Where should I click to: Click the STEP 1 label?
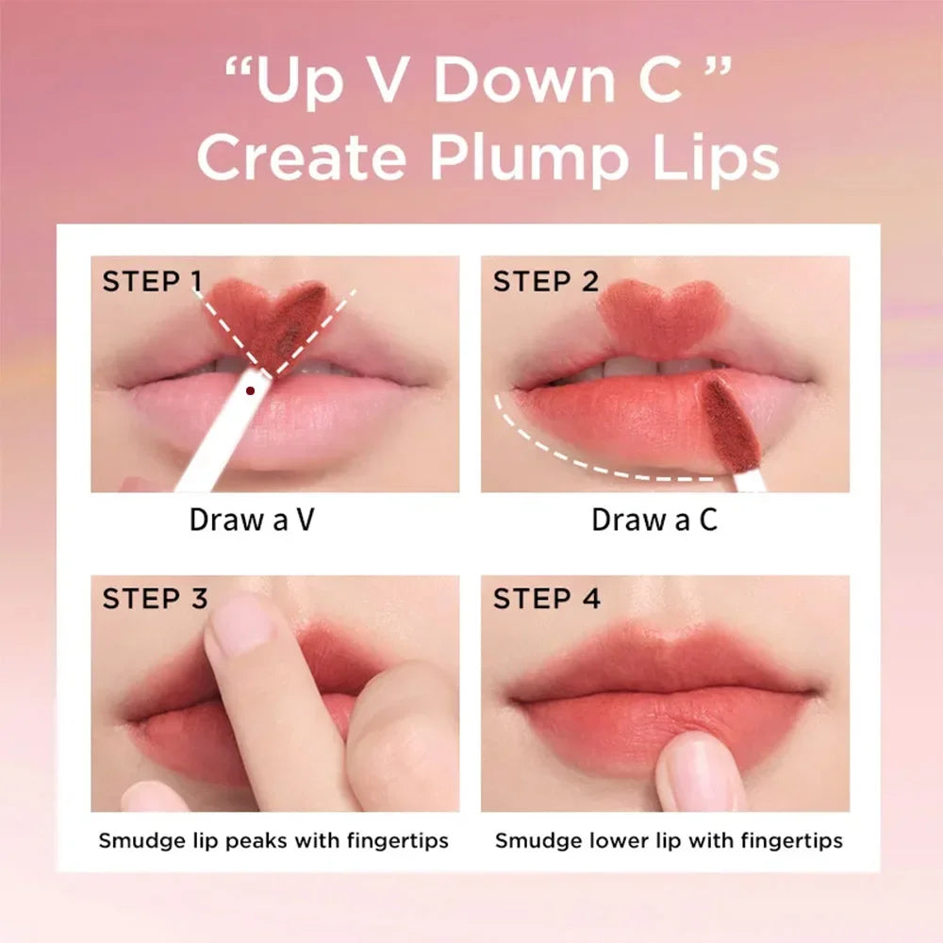(x=152, y=281)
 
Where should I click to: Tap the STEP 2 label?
(x=546, y=281)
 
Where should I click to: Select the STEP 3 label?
(x=155, y=599)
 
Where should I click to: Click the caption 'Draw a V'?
(x=251, y=520)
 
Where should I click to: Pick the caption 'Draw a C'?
(x=654, y=520)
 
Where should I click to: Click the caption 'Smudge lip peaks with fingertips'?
(x=273, y=839)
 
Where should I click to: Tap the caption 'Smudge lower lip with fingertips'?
(x=669, y=839)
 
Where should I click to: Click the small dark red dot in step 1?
(x=250, y=388)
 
